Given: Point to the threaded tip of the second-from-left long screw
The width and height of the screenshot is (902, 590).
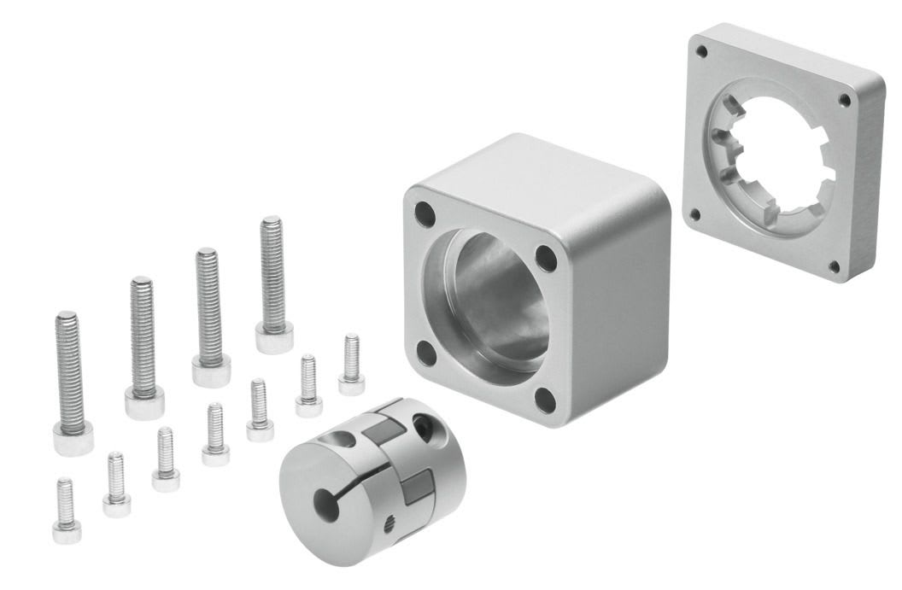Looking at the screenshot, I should [142, 285].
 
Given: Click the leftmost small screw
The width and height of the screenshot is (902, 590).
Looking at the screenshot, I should [66, 511].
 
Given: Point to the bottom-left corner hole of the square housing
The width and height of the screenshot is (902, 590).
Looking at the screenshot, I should [425, 351].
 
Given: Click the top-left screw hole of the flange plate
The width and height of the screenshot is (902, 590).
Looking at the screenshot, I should [702, 52].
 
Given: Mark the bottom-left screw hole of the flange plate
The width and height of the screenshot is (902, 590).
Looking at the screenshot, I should [695, 214].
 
